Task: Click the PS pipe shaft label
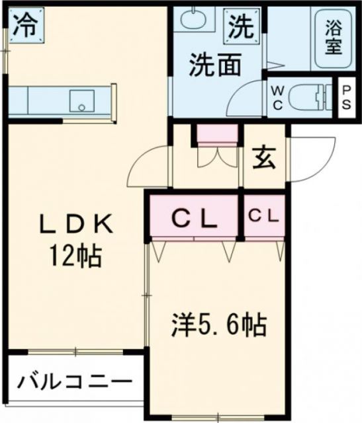tap(346, 98)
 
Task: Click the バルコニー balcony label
tap(73, 381)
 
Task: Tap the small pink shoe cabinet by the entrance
tap(217, 134)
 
